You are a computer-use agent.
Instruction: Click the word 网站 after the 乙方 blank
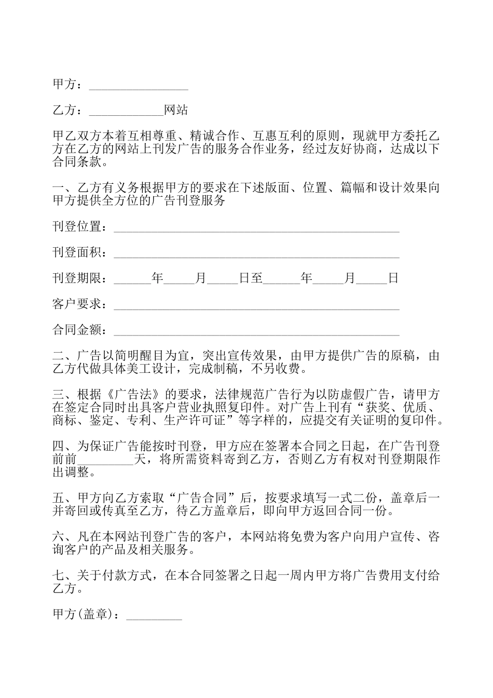point(176,110)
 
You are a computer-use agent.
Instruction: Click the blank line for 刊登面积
point(256,254)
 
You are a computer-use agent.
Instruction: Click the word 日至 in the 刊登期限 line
point(251,278)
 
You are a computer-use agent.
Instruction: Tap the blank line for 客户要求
point(256,305)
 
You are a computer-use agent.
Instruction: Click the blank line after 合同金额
point(256,331)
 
